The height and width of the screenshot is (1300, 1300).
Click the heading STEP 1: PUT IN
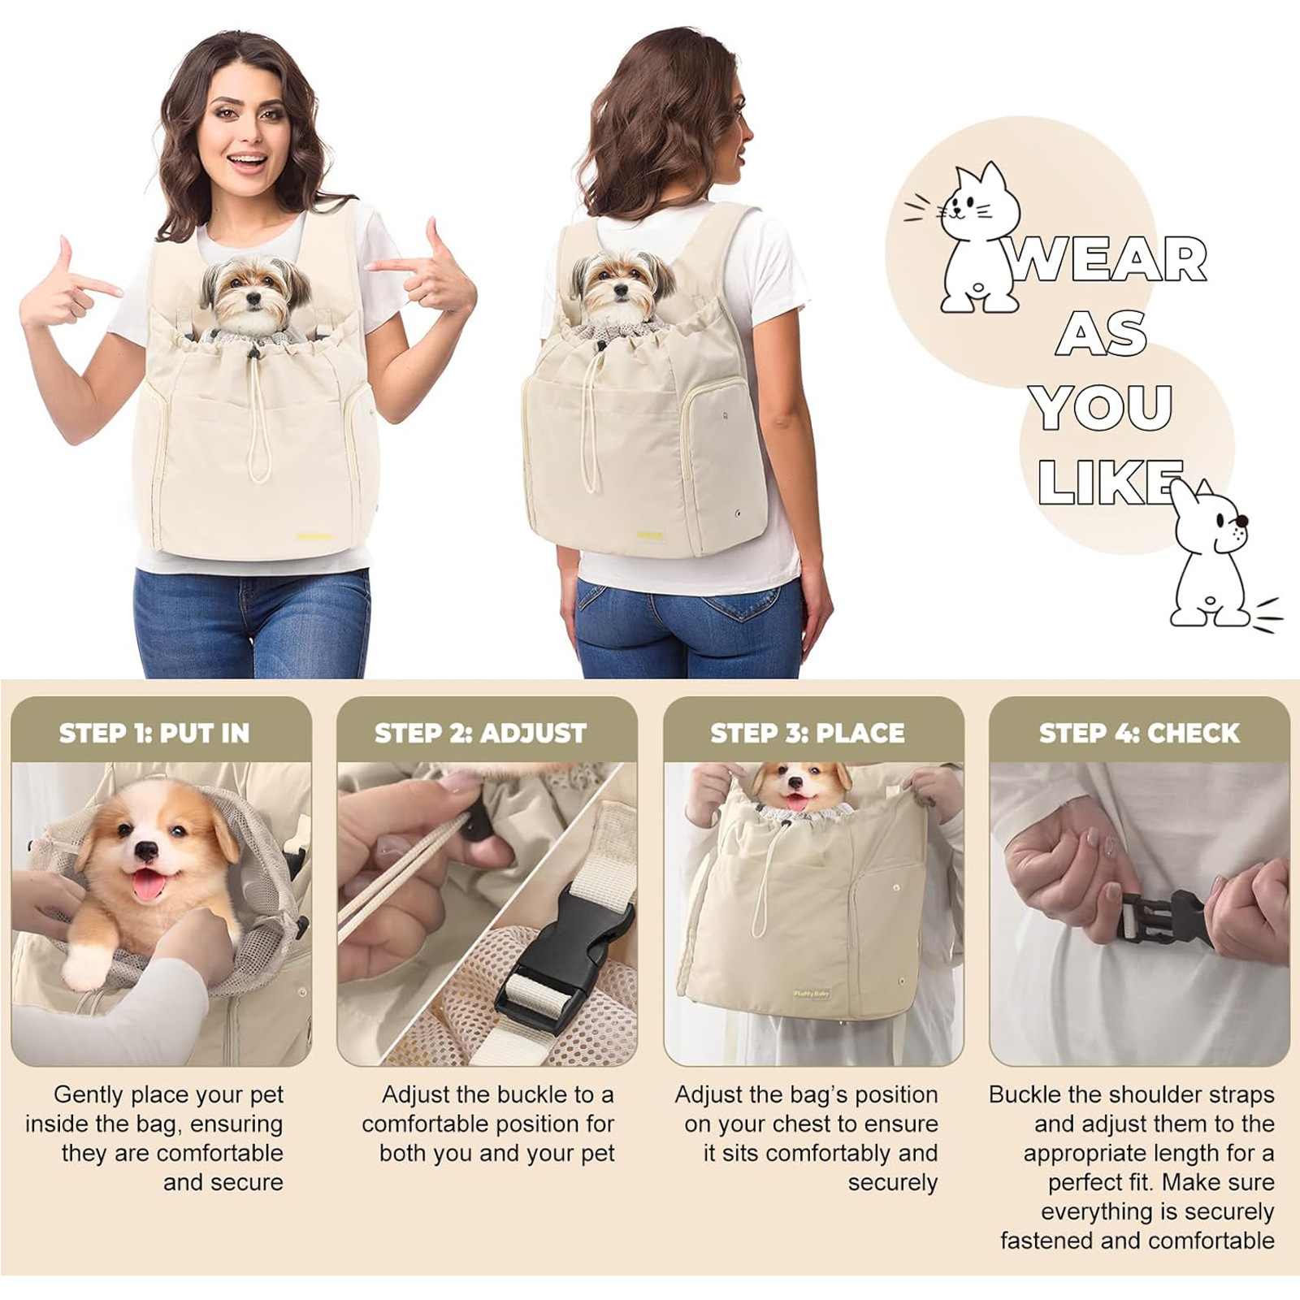tap(154, 733)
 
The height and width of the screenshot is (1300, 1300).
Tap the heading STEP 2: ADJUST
tap(480, 733)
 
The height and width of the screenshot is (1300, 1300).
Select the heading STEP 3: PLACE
tap(807, 733)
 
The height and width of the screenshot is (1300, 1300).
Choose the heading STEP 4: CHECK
tap(1139, 733)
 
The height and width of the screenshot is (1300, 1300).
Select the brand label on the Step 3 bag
tap(811, 993)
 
